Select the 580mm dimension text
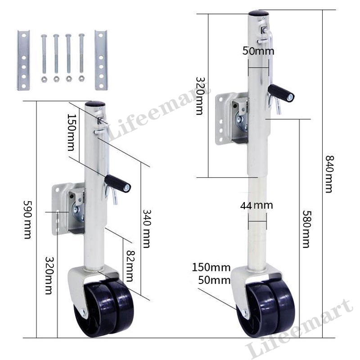point(306,229)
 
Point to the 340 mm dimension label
point(146,228)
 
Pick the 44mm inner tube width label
point(256,206)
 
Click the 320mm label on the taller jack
point(200,95)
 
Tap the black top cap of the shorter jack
point(95,104)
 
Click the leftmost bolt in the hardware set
point(44,54)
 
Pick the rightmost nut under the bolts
point(81,78)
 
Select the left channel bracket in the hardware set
point(23,60)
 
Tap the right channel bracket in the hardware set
point(101,60)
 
